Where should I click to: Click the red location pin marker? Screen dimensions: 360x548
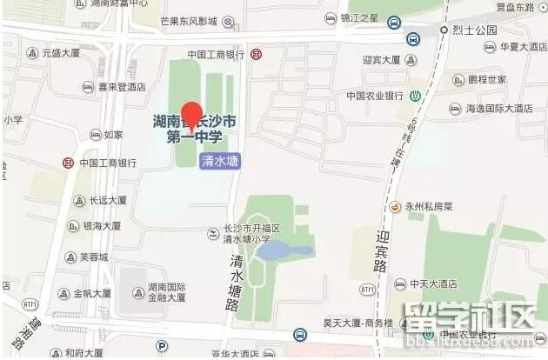190,115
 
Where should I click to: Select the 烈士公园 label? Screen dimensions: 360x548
474,30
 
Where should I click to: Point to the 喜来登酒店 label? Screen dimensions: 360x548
121,87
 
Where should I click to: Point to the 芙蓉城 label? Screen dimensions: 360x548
93,257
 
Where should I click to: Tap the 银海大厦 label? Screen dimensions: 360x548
101,226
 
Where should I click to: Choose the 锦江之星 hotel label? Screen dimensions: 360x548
359,17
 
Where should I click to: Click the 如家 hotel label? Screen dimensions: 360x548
113,135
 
